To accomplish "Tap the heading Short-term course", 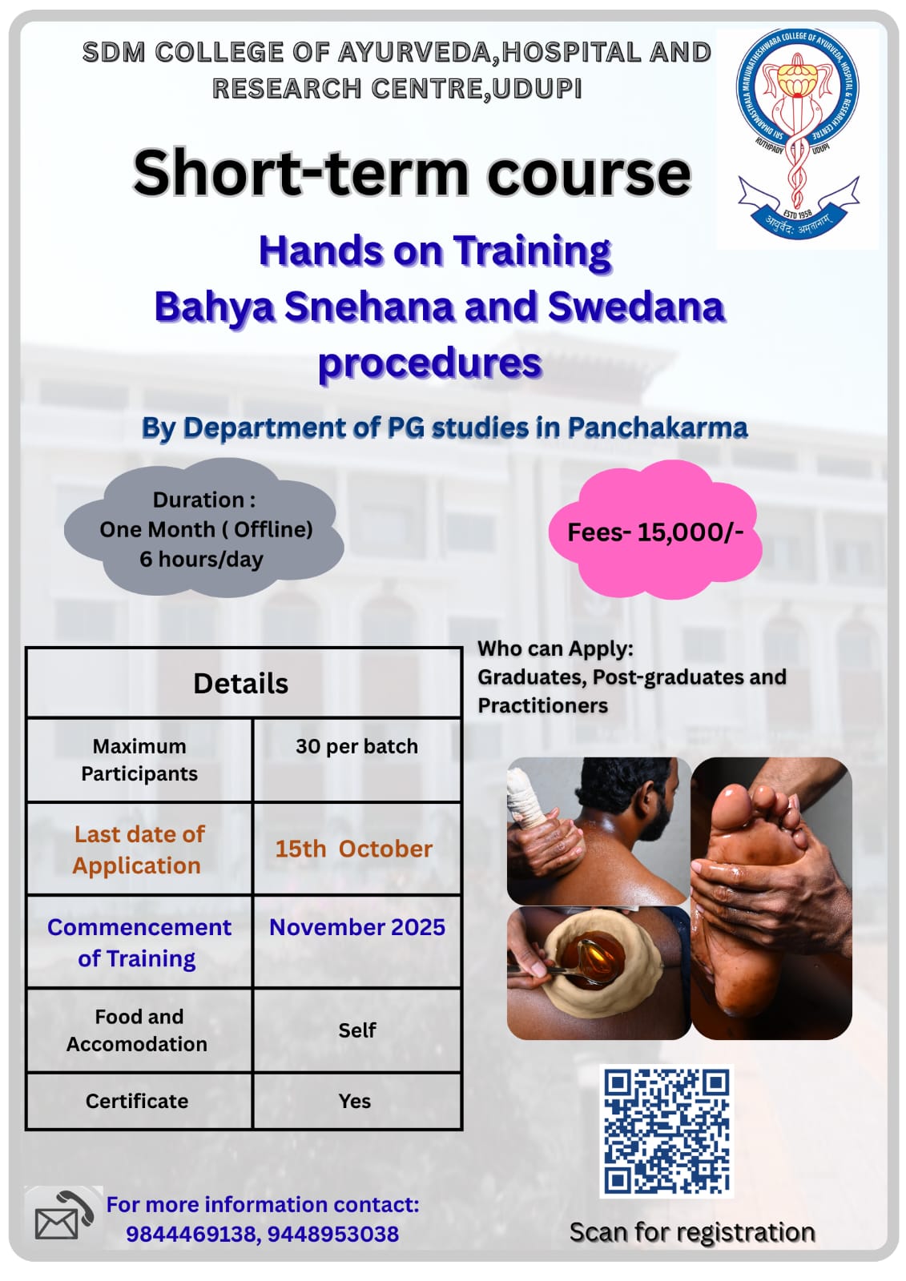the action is [x=412, y=173].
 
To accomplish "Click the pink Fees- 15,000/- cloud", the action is [x=654, y=530].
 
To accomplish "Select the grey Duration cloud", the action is [x=204, y=528].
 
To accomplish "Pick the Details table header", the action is [x=244, y=684].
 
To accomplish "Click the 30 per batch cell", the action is [x=356, y=760].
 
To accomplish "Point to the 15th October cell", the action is [x=356, y=849].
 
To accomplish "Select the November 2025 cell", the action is [x=356, y=942].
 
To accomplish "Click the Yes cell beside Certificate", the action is [x=356, y=1101].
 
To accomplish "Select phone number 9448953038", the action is [x=333, y=1234].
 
